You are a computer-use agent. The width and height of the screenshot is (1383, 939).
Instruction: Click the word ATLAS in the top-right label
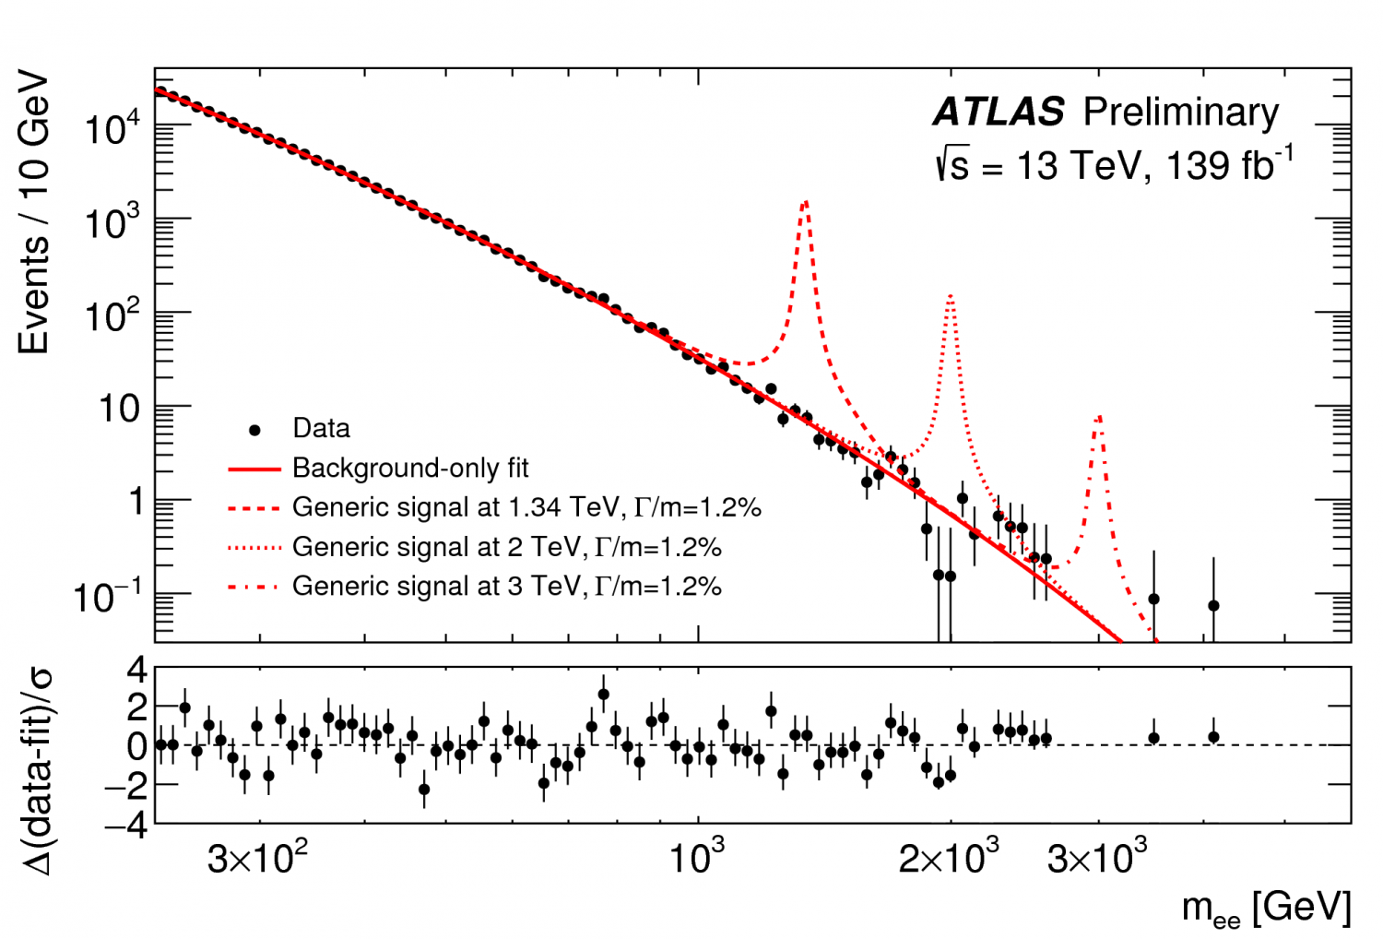pyautogui.click(x=999, y=113)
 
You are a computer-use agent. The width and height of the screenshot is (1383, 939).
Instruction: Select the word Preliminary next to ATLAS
pyautogui.click(x=1181, y=113)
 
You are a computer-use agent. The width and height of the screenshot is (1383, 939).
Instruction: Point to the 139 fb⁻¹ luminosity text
pyautogui.click(x=1230, y=166)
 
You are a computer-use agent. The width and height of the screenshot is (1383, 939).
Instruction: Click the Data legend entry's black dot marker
pyautogui.click(x=255, y=430)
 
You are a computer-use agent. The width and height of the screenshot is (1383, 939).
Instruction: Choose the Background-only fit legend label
pyautogui.click(x=410, y=469)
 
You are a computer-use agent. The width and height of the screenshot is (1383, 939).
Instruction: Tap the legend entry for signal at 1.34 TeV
pyautogui.click(x=526, y=507)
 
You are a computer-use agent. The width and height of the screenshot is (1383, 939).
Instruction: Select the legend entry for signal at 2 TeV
pyautogui.click(x=506, y=547)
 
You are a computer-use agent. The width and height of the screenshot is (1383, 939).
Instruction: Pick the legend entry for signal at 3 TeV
pyautogui.click(x=506, y=587)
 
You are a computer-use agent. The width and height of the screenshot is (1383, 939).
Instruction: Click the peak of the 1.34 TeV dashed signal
pyautogui.click(x=806, y=202)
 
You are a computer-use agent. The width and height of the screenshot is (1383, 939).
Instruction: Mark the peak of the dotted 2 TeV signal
pyautogui.click(x=950, y=296)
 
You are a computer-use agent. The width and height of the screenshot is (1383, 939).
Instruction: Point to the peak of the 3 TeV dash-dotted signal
pyautogui.click(x=1098, y=417)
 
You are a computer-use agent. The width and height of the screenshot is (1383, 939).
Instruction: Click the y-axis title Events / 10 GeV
pyautogui.click(x=33, y=211)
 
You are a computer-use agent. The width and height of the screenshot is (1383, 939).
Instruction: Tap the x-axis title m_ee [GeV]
pyautogui.click(x=1266, y=908)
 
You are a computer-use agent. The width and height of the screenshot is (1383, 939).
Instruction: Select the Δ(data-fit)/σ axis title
pyautogui.click(x=37, y=769)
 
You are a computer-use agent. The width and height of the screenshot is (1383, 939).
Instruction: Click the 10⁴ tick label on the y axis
pyautogui.click(x=112, y=129)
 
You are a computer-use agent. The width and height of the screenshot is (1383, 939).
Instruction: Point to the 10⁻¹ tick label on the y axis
pyautogui.click(x=107, y=598)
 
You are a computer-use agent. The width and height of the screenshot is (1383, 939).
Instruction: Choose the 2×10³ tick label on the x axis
pyautogui.click(x=949, y=859)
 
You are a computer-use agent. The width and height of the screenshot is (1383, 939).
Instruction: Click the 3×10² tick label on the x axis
pyautogui.click(x=257, y=859)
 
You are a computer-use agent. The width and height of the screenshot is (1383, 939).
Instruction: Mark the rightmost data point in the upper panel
pyautogui.click(x=1213, y=606)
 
